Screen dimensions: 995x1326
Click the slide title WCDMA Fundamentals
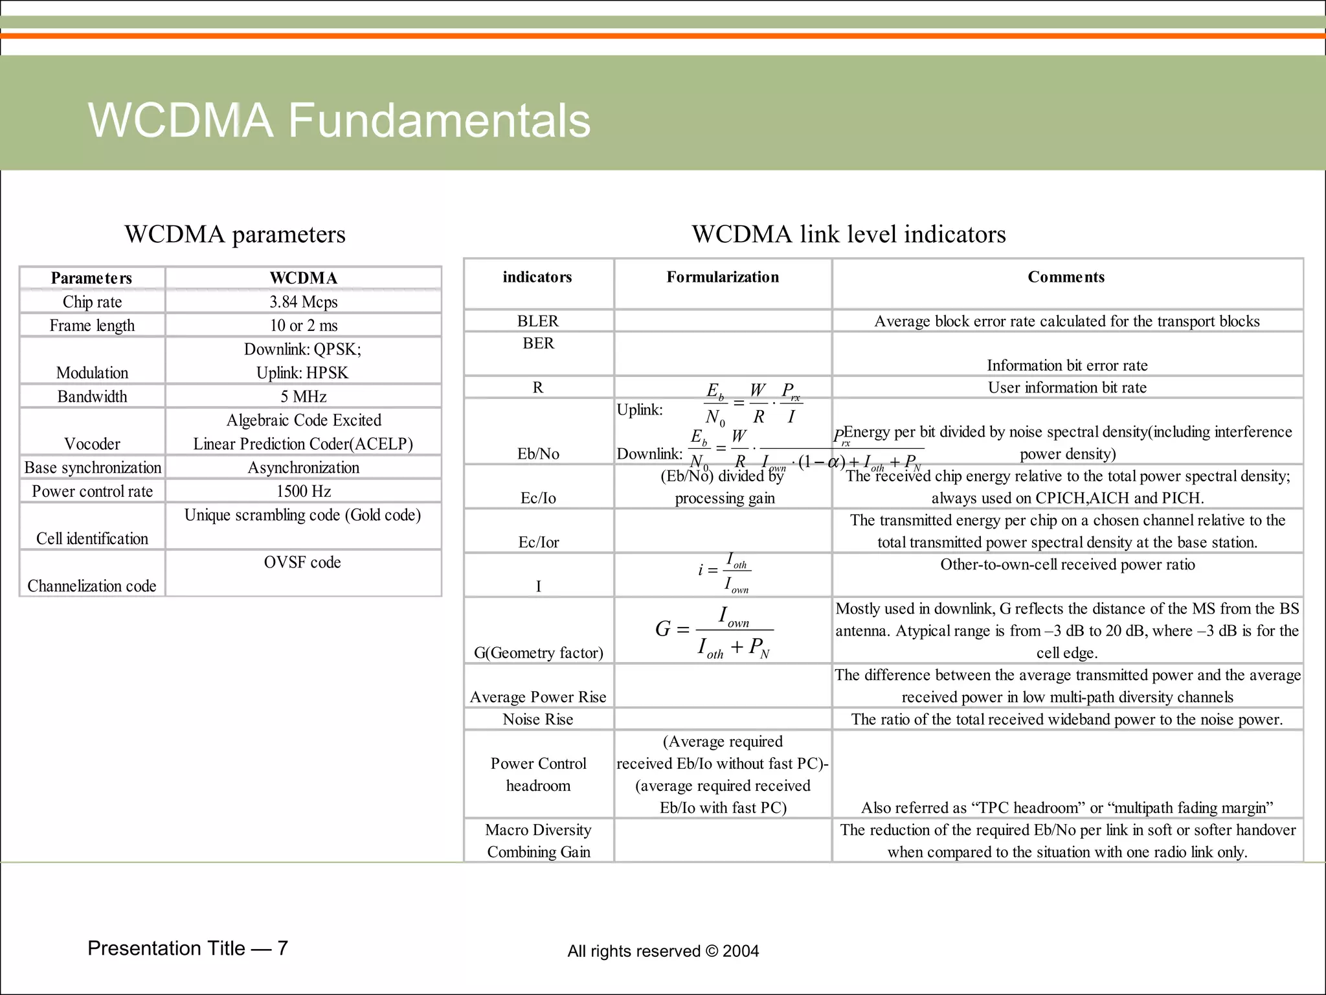click(x=339, y=120)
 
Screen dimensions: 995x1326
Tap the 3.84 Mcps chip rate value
click(x=303, y=302)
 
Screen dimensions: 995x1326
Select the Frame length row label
click(x=92, y=325)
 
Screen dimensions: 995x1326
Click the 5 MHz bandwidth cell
click(x=303, y=396)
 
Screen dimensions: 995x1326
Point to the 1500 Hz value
click(x=303, y=491)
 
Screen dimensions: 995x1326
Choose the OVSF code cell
click(x=302, y=562)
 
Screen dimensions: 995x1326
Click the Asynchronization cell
click(x=303, y=468)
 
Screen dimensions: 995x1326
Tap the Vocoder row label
click(x=92, y=444)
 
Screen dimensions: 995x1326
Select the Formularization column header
click(x=723, y=277)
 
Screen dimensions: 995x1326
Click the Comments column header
click(x=1066, y=277)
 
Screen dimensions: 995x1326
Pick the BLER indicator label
click(x=538, y=321)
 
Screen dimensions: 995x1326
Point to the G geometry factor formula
click(x=714, y=630)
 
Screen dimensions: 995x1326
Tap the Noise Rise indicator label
click(x=538, y=719)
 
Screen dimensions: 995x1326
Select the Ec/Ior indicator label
click(x=538, y=542)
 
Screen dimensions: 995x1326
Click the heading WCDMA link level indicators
click(x=849, y=234)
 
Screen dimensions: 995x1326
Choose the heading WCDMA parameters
click(x=235, y=234)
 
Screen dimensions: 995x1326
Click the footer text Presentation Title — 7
click(x=188, y=948)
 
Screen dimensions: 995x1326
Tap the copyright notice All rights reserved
click(x=663, y=951)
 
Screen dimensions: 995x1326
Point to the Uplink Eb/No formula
click(x=752, y=403)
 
